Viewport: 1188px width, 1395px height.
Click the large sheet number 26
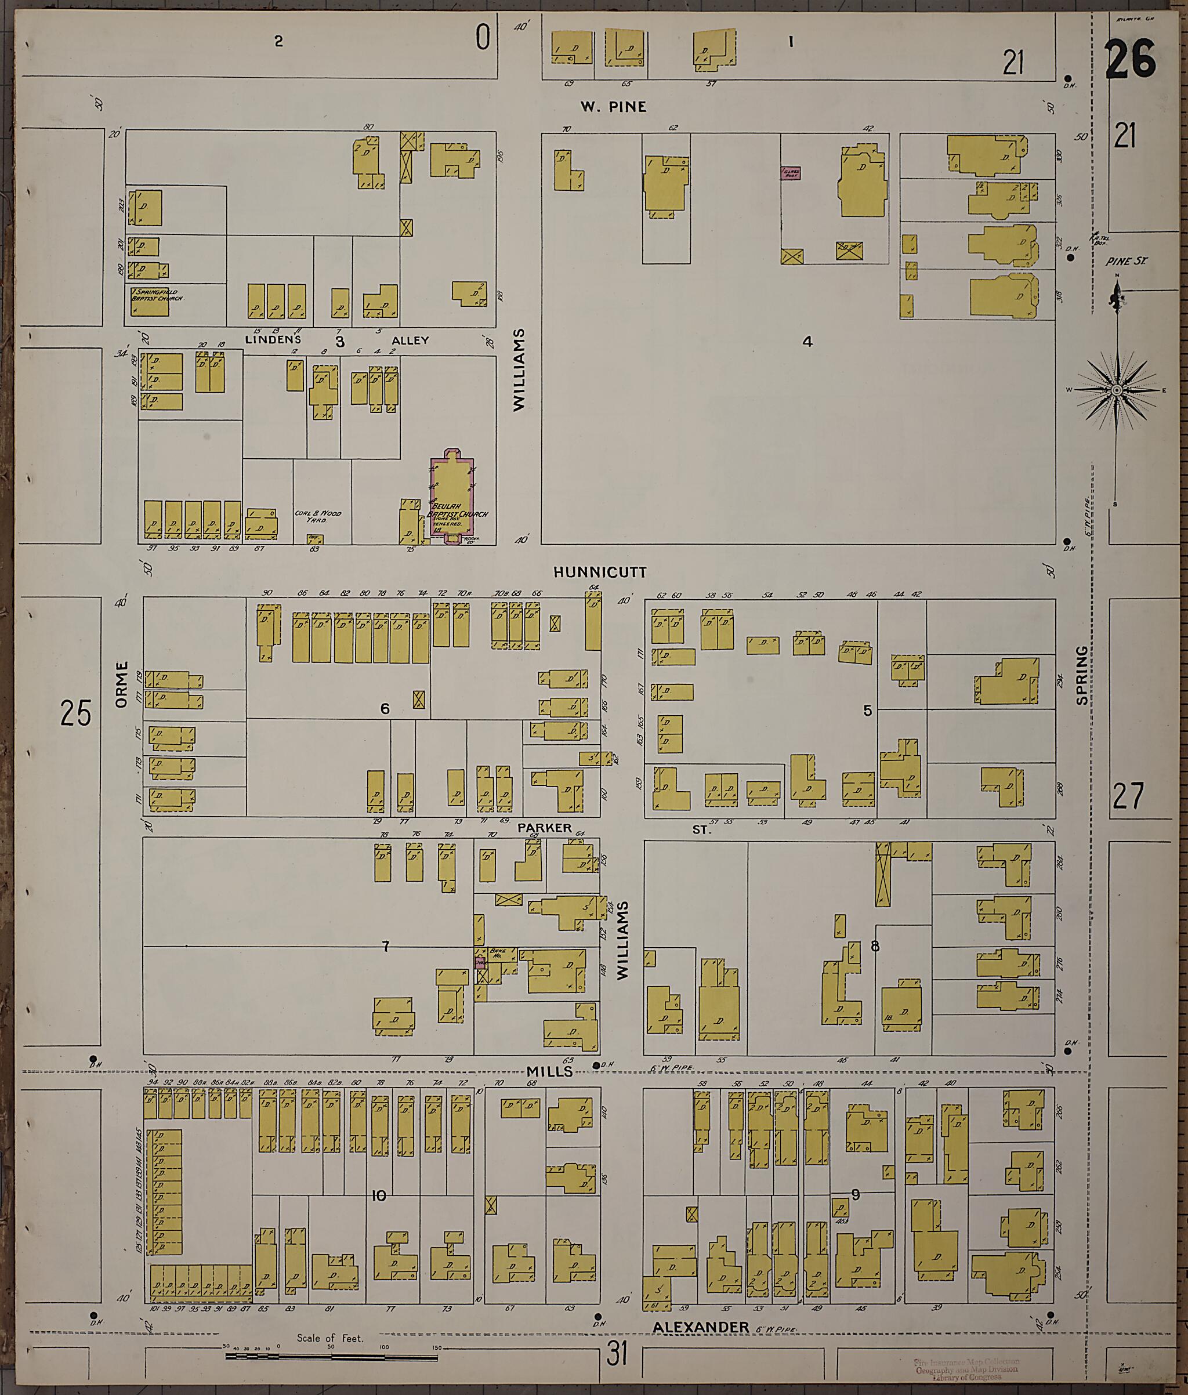[1131, 59]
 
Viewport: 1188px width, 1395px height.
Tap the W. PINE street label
[614, 106]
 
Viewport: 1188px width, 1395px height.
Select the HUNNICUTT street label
[599, 573]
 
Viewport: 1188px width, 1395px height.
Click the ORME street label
[121, 684]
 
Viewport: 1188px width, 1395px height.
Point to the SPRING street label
[1082, 675]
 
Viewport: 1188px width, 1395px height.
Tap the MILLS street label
[549, 1071]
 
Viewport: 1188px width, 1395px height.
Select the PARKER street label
[545, 828]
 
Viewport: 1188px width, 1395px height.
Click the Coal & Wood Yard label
[318, 516]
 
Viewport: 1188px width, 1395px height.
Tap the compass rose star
[1116, 390]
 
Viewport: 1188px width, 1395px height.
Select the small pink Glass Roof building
[790, 173]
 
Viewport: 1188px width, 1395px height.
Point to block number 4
[807, 341]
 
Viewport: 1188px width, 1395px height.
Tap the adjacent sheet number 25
[75, 713]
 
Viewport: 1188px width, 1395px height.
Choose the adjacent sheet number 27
[1128, 796]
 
